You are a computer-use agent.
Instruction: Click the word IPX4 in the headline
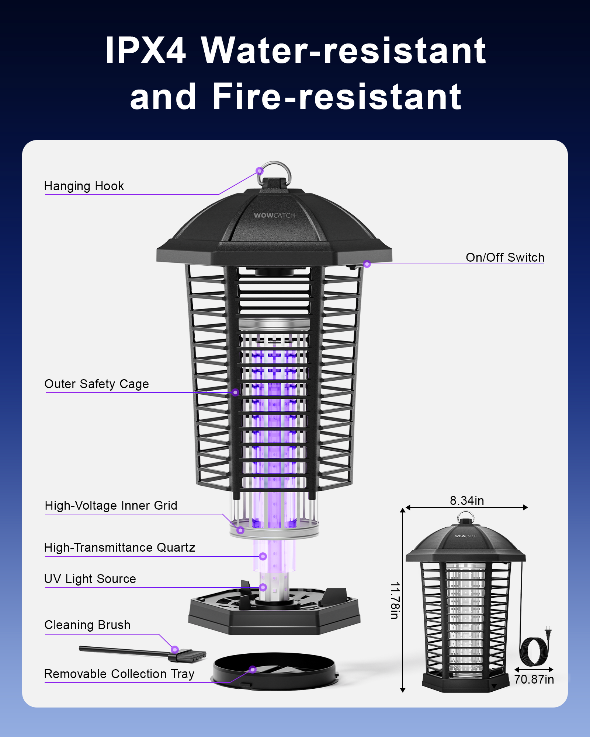coord(145,50)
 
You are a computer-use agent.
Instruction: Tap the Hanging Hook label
coord(84,186)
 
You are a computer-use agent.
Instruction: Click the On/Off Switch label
coord(505,257)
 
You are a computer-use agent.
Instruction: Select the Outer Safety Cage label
coord(97,384)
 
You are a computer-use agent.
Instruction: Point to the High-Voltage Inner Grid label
coord(111,505)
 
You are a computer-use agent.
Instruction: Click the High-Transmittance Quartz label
coord(119,548)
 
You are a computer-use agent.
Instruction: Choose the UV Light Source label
coord(90,579)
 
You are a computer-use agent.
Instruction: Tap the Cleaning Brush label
coord(87,625)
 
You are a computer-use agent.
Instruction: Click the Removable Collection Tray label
coord(119,674)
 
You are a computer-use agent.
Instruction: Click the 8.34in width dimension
coord(466,500)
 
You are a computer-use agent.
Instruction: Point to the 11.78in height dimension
coord(395,600)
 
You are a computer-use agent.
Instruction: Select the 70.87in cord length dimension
coord(534,679)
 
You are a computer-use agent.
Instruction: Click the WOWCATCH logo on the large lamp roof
coord(274,215)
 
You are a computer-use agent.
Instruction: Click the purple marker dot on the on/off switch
coord(367,264)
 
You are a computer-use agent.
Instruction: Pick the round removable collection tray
coord(275,671)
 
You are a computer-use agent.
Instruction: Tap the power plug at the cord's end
coord(548,632)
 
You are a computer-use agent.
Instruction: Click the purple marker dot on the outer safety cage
coord(235,392)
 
